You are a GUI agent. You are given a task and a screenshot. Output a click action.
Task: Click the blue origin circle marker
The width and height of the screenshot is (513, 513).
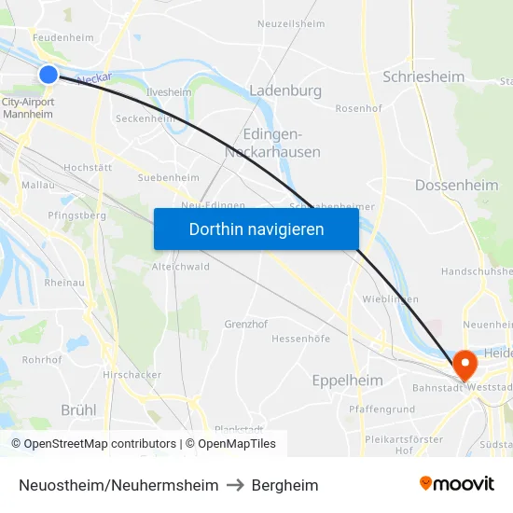click(x=49, y=74)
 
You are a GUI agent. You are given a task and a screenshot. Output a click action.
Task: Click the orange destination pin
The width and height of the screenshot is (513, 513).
click(x=464, y=363)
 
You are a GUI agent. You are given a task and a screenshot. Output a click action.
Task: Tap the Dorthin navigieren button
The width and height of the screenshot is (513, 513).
click(x=256, y=229)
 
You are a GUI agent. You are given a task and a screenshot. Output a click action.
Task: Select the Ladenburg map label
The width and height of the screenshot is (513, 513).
click(x=285, y=90)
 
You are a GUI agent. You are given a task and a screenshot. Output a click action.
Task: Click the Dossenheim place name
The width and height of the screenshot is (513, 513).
click(x=456, y=185)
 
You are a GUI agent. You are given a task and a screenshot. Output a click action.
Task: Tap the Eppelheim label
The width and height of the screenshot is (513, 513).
click(x=347, y=380)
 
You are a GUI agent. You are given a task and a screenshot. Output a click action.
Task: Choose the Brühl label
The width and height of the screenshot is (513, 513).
click(x=78, y=409)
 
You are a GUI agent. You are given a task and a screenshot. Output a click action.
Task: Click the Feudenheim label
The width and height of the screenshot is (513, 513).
click(x=63, y=38)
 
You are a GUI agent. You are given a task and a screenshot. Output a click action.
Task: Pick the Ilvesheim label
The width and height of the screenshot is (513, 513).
click(x=169, y=92)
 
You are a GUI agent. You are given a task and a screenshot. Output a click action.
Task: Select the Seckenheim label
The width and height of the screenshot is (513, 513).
click(x=145, y=118)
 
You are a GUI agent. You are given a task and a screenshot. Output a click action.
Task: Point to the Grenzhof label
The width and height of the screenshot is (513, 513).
click(x=246, y=324)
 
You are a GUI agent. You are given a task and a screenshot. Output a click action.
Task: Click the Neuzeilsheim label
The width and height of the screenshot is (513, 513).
click(x=291, y=23)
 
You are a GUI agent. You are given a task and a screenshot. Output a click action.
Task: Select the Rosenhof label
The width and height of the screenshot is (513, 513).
click(x=359, y=108)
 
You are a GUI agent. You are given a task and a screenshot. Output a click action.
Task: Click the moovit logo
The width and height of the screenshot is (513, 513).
click(x=456, y=483)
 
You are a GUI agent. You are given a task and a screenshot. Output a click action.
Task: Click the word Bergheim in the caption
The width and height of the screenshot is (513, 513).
click(x=285, y=485)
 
